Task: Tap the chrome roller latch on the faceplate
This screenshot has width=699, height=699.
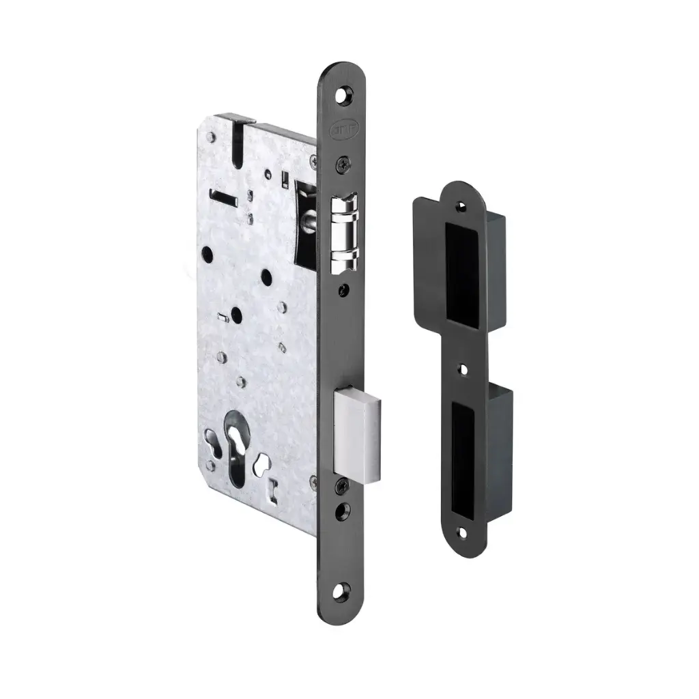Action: (345, 231)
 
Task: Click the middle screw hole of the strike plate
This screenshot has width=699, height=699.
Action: (464, 369)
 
